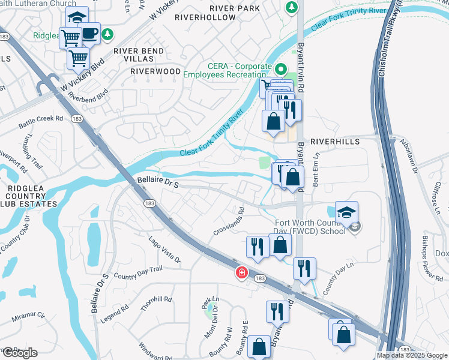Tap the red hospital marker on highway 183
click(x=241, y=273)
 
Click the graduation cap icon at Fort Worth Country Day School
click(x=346, y=212)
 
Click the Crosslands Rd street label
click(x=229, y=222)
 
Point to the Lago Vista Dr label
click(x=164, y=249)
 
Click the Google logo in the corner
click(x=19, y=353)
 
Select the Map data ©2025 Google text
click(x=412, y=355)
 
